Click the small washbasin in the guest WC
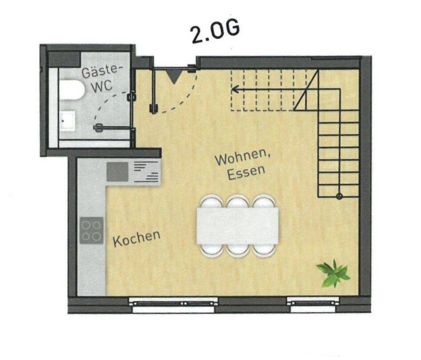point(68,120)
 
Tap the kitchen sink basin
point(117,172)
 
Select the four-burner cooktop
point(92,230)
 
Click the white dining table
point(238,225)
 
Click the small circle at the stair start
point(339,196)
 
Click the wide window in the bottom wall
point(173,302)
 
